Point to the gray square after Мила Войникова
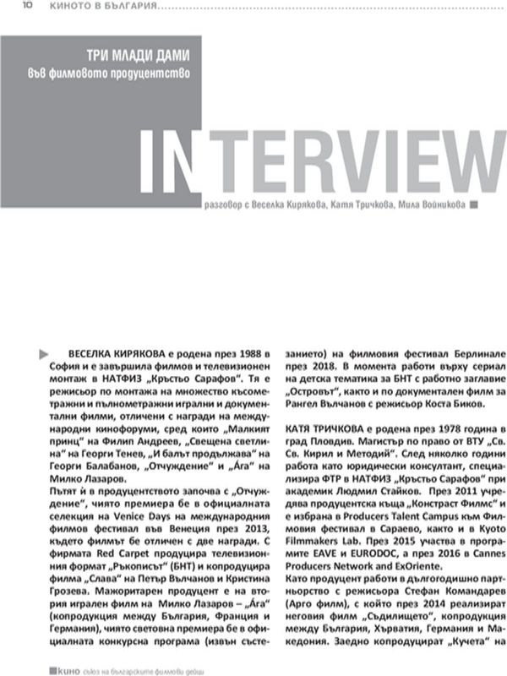475,204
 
